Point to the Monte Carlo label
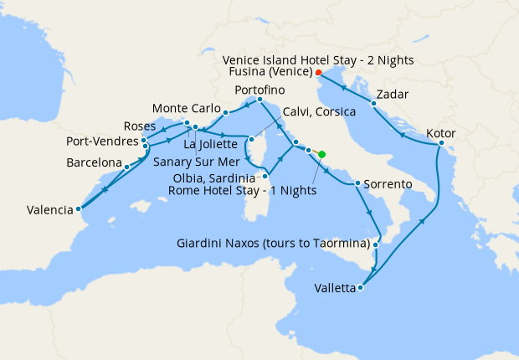click(187, 109)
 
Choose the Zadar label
click(393, 94)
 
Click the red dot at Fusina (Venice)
click(319, 72)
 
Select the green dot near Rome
click(322, 153)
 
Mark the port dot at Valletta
click(361, 288)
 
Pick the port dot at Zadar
click(373, 104)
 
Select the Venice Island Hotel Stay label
click(318, 59)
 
